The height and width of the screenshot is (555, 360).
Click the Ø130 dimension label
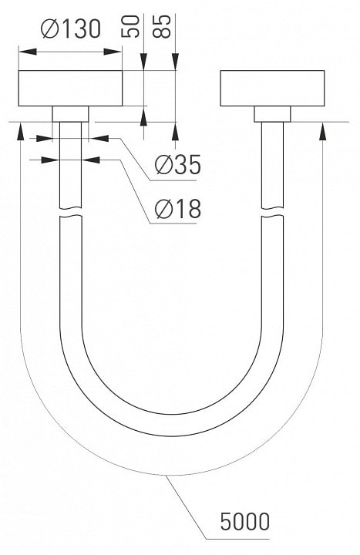pos(71,29)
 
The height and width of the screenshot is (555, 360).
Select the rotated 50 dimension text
pos(130,26)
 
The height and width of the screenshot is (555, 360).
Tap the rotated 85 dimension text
pos(162,26)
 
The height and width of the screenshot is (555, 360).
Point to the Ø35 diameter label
pos(178,164)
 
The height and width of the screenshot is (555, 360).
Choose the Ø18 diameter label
pos(178,208)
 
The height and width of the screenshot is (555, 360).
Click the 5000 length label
pos(245,521)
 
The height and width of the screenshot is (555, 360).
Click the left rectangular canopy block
pos(70,88)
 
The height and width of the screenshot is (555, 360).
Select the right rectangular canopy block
pos(272,88)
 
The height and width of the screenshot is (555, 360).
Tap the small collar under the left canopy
pos(70,114)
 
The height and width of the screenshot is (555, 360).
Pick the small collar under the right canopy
pos(273,114)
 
